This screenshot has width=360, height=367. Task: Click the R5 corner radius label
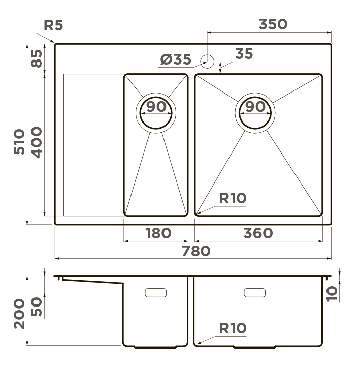(53, 25)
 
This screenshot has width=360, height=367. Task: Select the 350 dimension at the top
(273, 24)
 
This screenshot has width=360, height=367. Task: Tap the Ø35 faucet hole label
(176, 59)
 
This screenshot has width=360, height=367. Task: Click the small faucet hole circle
(207, 62)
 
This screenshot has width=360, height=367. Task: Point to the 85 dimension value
(37, 58)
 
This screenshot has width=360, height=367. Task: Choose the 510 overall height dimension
(19, 141)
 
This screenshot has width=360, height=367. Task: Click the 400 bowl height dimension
(37, 142)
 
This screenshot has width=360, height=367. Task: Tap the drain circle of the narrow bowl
(156, 113)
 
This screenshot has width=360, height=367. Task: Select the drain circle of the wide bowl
(255, 113)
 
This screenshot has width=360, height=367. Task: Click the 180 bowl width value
(158, 233)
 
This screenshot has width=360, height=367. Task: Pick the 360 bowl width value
(258, 233)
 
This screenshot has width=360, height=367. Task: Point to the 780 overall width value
(196, 251)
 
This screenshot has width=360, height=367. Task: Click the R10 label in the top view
(233, 198)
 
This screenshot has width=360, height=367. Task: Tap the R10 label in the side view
(233, 328)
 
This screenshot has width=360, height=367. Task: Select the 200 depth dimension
(19, 314)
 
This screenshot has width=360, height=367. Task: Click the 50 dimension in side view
(37, 307)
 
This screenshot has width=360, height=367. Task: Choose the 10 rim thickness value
(332, 294)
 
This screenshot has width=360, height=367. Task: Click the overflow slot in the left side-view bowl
(156, 293)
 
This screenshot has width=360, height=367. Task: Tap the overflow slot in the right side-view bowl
(254, 293)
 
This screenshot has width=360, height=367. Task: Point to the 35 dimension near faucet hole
(244, 53)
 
